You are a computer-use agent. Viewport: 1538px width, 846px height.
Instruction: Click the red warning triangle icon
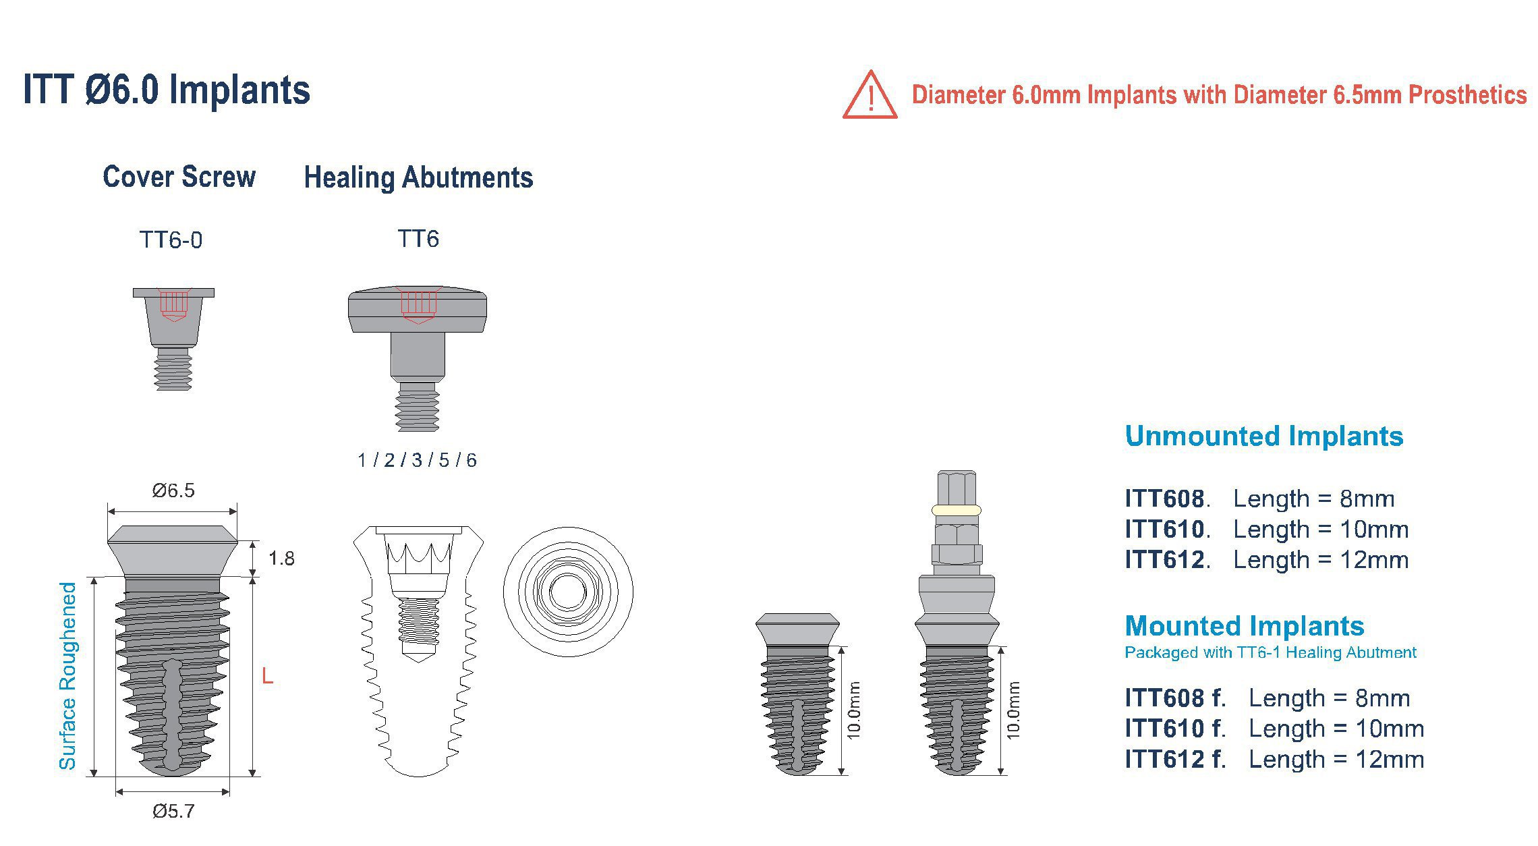pyautogui.click(x=870, y=96)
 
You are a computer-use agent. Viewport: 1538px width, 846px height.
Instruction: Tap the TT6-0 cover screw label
pyautogui.click(x=171, y=240)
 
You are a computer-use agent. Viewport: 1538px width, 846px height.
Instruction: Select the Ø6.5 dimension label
pyautogui.click(x=173, y=490)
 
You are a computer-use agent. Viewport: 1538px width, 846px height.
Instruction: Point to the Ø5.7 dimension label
pyautogui.click(x=173, y=811)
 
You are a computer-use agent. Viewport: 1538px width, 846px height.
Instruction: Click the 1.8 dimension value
pyautogui.click(x=281, y=559)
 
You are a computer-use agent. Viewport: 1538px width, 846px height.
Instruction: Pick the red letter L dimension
pyautogui.click(x=268, y=676)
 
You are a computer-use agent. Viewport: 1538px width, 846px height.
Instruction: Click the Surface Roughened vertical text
pyautogui.click(x=68, y=675)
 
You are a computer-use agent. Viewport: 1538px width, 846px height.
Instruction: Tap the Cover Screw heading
pyautogui.click(x=179, y=177)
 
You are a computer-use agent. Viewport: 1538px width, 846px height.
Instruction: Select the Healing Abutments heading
pyautogui.click(x=418, y=177)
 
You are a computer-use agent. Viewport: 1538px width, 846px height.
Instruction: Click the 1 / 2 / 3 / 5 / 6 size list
pyautogui.click(x=417, y=460)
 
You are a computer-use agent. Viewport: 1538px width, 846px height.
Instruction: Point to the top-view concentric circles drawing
pyautogui.click(x=568, y=592)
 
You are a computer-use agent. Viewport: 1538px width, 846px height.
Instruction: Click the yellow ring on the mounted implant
pyautogui.click(x=956, y=510)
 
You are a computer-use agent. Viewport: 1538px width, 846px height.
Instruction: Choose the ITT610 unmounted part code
pyautogui.click(x=1165, y=530)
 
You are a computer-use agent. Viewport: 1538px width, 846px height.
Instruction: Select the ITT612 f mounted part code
pyautogui.click(x=1174, y=760)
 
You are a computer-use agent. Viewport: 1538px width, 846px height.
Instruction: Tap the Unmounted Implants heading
pyautogui.click(x=1264, y=436)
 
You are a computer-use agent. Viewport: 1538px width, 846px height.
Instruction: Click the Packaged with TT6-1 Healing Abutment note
pyautogui.click(x=1270, y=652)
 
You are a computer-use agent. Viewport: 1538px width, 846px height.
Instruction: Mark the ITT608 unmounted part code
pyautogui.click(x=1165, y=499)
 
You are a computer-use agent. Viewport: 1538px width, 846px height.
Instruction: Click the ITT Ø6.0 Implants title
pyautogui.click(x=167, y=90)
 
